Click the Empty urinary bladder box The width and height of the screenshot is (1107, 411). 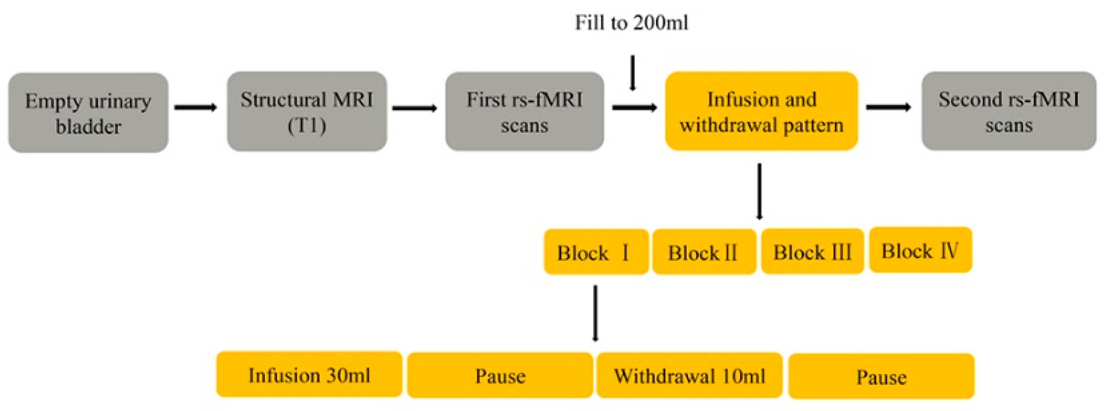point(88,113)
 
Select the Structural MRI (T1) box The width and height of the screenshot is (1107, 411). point(307,112)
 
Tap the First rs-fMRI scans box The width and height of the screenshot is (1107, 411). point(525,112)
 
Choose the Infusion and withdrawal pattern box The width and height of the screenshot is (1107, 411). point(761,112)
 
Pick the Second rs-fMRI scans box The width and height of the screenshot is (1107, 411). point(1009,112)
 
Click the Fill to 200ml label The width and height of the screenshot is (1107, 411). point(631,23)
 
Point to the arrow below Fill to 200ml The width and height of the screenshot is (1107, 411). point(632,73)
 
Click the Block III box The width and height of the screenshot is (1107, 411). point(812,251)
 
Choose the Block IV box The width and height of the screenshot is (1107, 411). point(921,250)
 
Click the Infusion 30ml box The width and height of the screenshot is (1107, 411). point(309,375)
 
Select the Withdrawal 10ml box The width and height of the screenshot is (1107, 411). point(689,376)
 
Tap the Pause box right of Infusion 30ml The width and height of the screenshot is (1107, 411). point(500,376)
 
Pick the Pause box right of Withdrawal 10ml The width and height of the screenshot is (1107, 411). point(881,376)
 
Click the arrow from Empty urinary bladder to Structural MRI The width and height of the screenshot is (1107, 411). point(195,108)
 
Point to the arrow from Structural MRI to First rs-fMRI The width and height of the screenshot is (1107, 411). point(414,108)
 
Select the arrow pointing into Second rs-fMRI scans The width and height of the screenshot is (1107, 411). point(888,107)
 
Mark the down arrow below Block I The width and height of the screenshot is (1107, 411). point(595,313)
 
